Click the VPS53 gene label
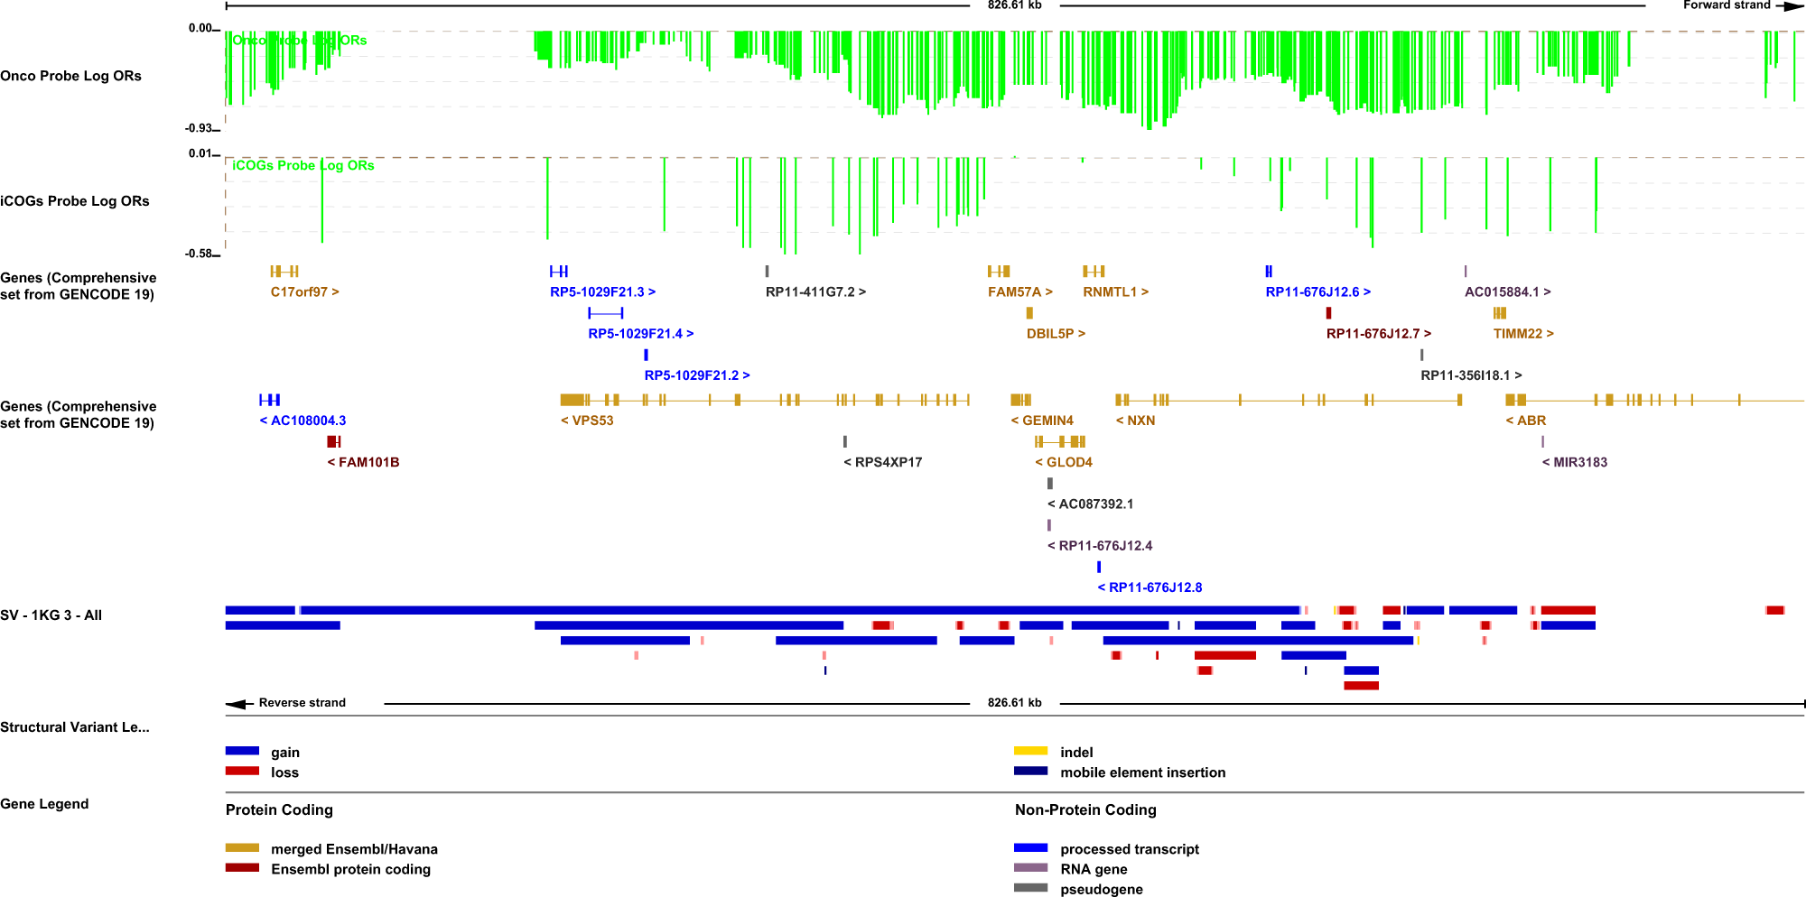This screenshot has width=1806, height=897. pos(587,421)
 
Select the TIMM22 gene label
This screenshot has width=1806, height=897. pos(1523,334)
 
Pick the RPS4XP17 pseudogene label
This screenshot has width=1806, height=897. pos(883,462)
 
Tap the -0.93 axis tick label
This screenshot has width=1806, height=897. pos(199,128)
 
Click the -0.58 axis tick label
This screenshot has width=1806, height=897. pos(199,254)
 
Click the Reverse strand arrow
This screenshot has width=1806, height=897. pos(239,703)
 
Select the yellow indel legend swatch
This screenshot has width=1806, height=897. pos(1030,751)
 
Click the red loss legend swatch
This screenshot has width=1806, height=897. pos(242,772)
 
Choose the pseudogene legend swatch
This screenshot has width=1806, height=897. pos(1030,888)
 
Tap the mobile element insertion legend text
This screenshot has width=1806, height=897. pos(1142,772)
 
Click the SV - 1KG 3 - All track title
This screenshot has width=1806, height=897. pos(51,615)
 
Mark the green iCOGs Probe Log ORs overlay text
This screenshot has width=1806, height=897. pos(303,165)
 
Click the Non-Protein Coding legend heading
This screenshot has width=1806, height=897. pos(1085,809)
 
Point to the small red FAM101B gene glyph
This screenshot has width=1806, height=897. pos(333,441)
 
